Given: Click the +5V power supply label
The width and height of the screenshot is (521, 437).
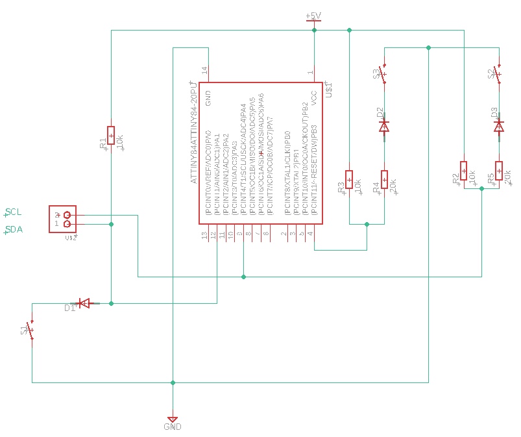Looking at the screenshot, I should tap(313, 16).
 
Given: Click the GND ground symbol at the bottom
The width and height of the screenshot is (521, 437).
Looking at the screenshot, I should tap(173, 420).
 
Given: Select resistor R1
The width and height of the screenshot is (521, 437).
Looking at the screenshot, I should tap(111, 135).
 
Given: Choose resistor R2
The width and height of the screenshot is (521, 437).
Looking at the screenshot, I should tap(464, 170).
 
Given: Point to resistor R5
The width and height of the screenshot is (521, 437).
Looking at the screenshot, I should tap(498, 170).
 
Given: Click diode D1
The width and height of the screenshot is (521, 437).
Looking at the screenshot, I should tap(83, 303).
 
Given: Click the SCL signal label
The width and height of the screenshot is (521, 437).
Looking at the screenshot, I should tap(14, 212).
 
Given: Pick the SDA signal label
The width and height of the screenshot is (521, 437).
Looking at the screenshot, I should tap(14, 229).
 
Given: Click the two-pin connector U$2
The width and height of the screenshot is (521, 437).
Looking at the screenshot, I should tap(62, 219).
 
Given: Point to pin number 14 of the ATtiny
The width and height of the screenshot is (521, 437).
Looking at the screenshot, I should tap(204, 70).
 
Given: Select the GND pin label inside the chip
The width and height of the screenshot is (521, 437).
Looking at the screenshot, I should tap(208, 97).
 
